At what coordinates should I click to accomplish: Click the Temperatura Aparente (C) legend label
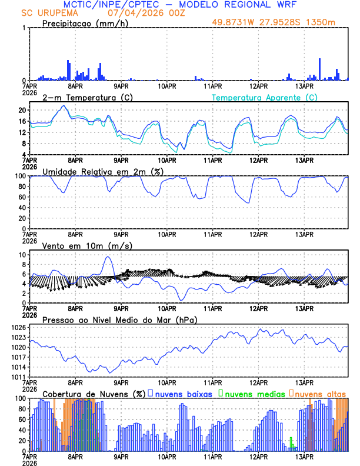[x=264, y=97]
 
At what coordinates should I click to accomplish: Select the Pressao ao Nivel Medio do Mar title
[x=119, y=319]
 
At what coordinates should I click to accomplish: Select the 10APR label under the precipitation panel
[x=167, y=86]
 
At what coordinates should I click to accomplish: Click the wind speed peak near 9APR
[x=108, y=257]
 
